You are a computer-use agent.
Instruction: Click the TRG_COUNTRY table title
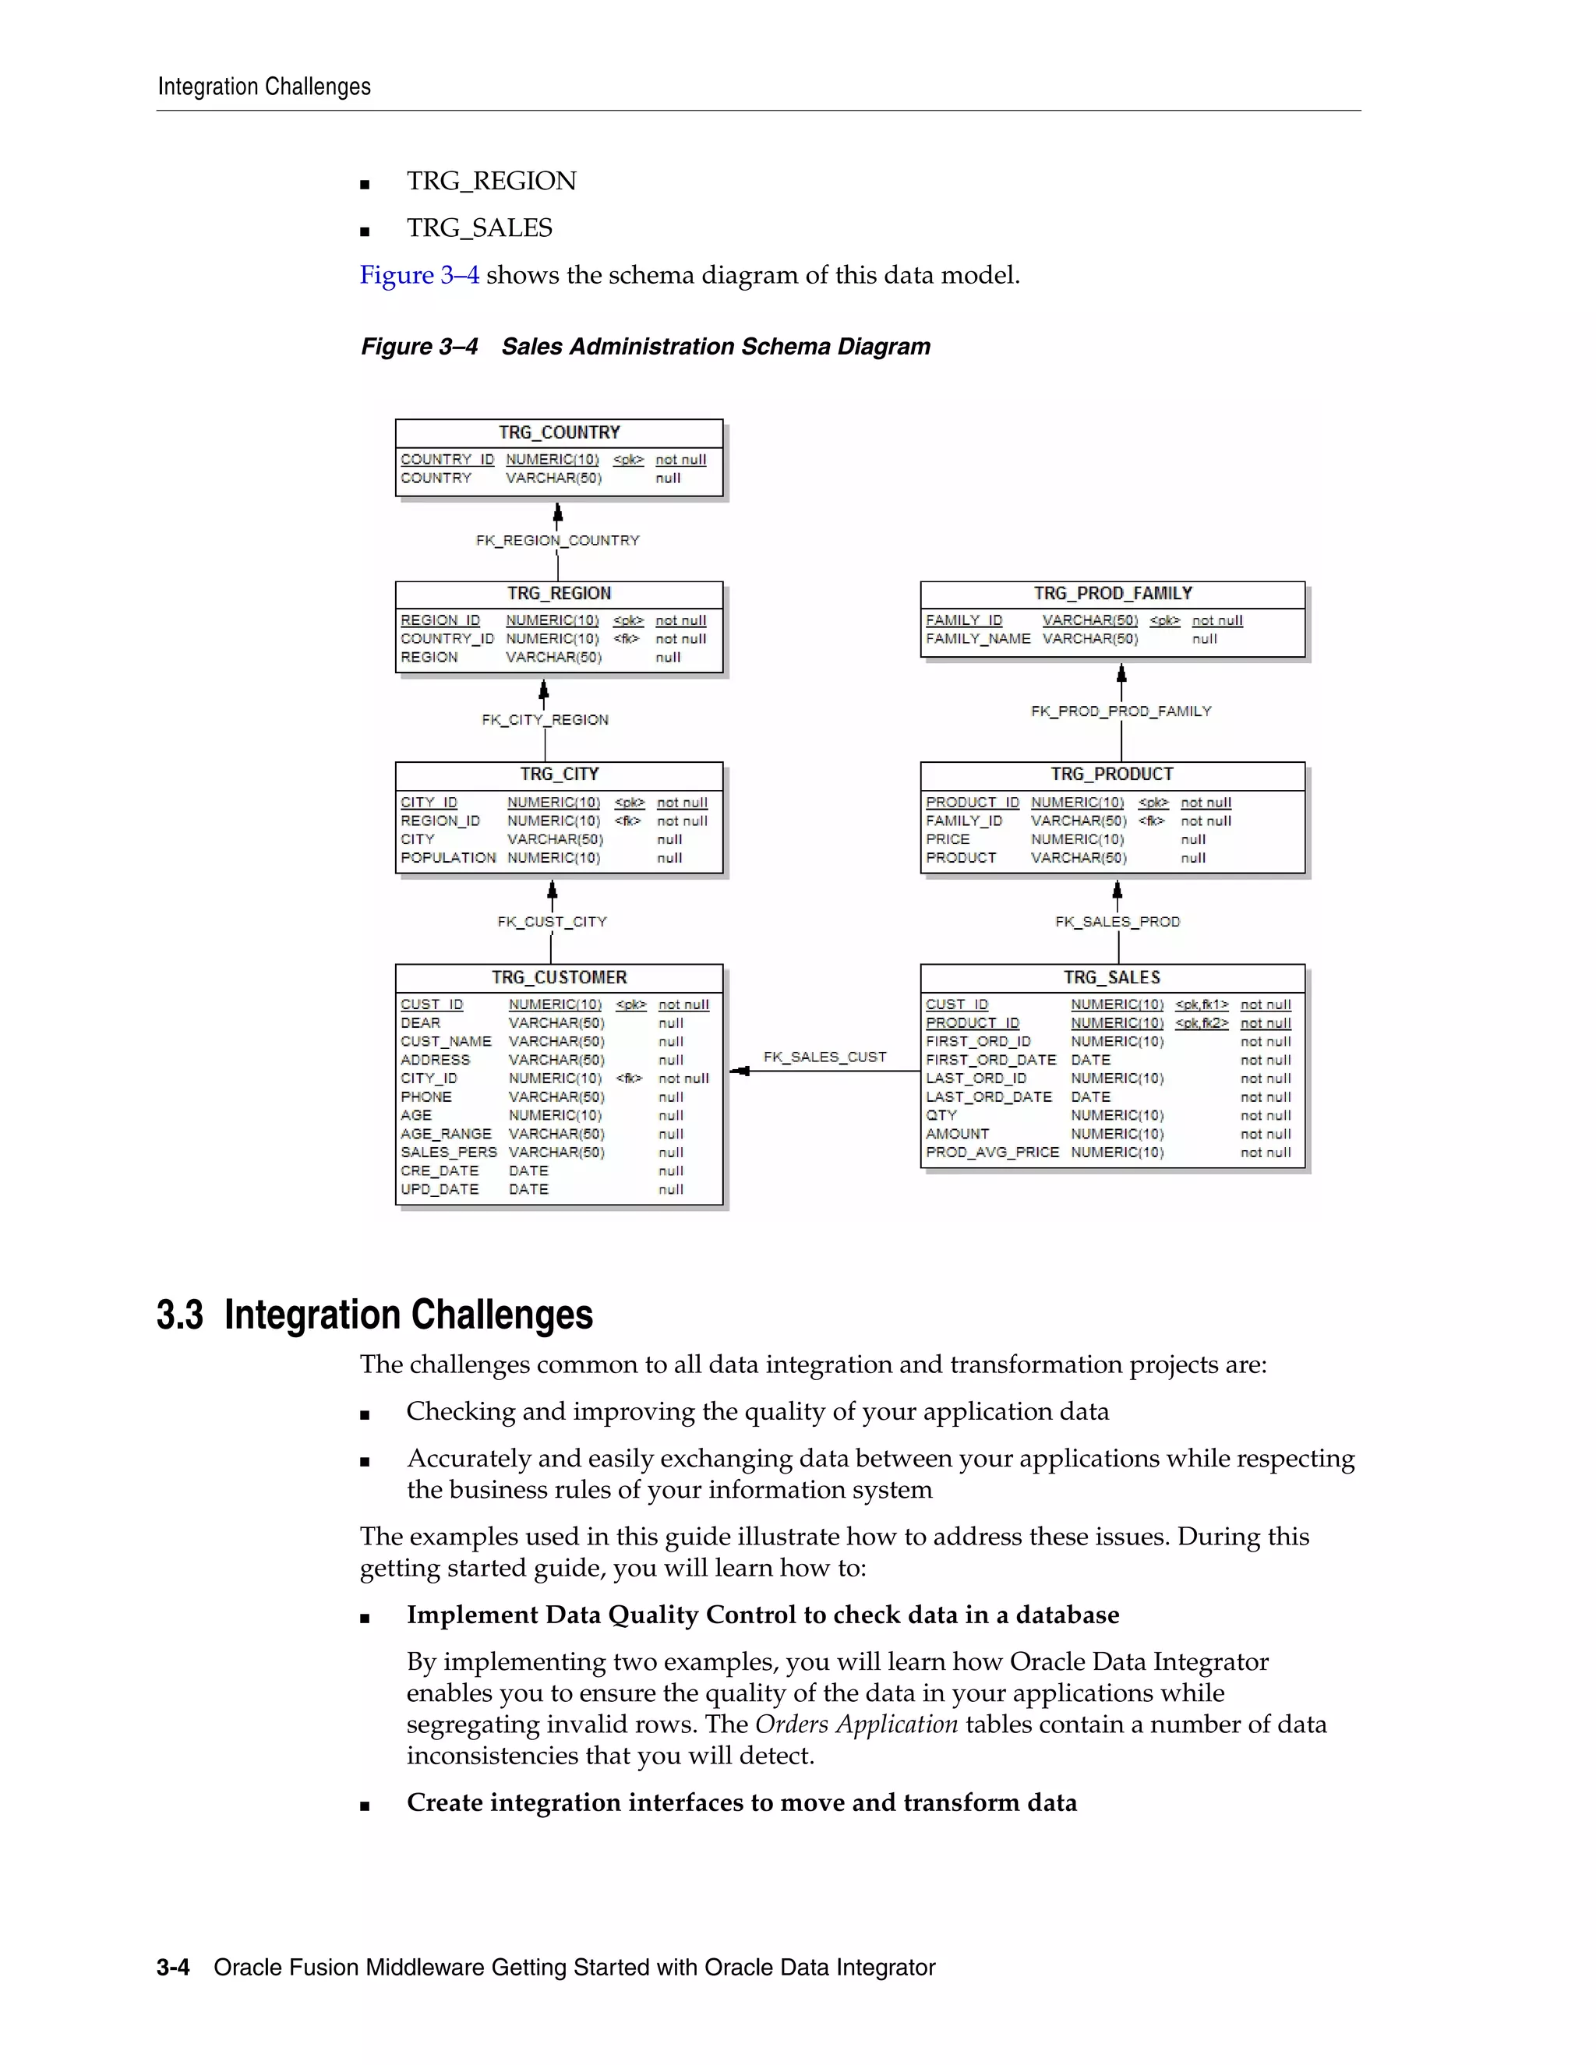pos(559,432)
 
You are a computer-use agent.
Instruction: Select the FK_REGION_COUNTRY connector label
pos(557,541)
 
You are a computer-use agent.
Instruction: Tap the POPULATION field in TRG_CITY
pos(447,858)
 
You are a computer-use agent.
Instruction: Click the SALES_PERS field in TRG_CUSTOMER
pos(448,1152)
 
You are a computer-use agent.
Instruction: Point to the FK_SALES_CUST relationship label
pos(824,1057)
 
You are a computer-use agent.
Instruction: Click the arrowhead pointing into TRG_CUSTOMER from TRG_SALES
pos(740,1071)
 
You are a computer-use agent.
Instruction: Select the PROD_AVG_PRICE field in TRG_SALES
pos(992,1152)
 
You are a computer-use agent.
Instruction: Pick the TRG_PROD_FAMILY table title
pos(1112,593)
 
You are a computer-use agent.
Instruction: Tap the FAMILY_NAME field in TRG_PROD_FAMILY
pos(978,639)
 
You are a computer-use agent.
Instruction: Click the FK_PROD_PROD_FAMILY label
pos(1121,711)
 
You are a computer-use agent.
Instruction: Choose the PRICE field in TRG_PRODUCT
pos(948,838)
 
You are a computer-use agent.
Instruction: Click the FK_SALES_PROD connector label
pos(1117,922)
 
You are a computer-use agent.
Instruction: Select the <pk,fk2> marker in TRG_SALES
pos(1201,1023)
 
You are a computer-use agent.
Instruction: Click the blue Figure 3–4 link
pos(418,275)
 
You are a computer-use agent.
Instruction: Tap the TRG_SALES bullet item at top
pos(479,228)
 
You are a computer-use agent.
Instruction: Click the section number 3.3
pos(180,1315)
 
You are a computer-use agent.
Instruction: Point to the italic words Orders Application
pos(856,1724)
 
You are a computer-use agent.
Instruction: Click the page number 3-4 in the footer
pos(173,1968)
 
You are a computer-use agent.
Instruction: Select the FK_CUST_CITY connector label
pos(553,922)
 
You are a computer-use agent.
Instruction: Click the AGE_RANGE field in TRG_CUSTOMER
pos(445,1134)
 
